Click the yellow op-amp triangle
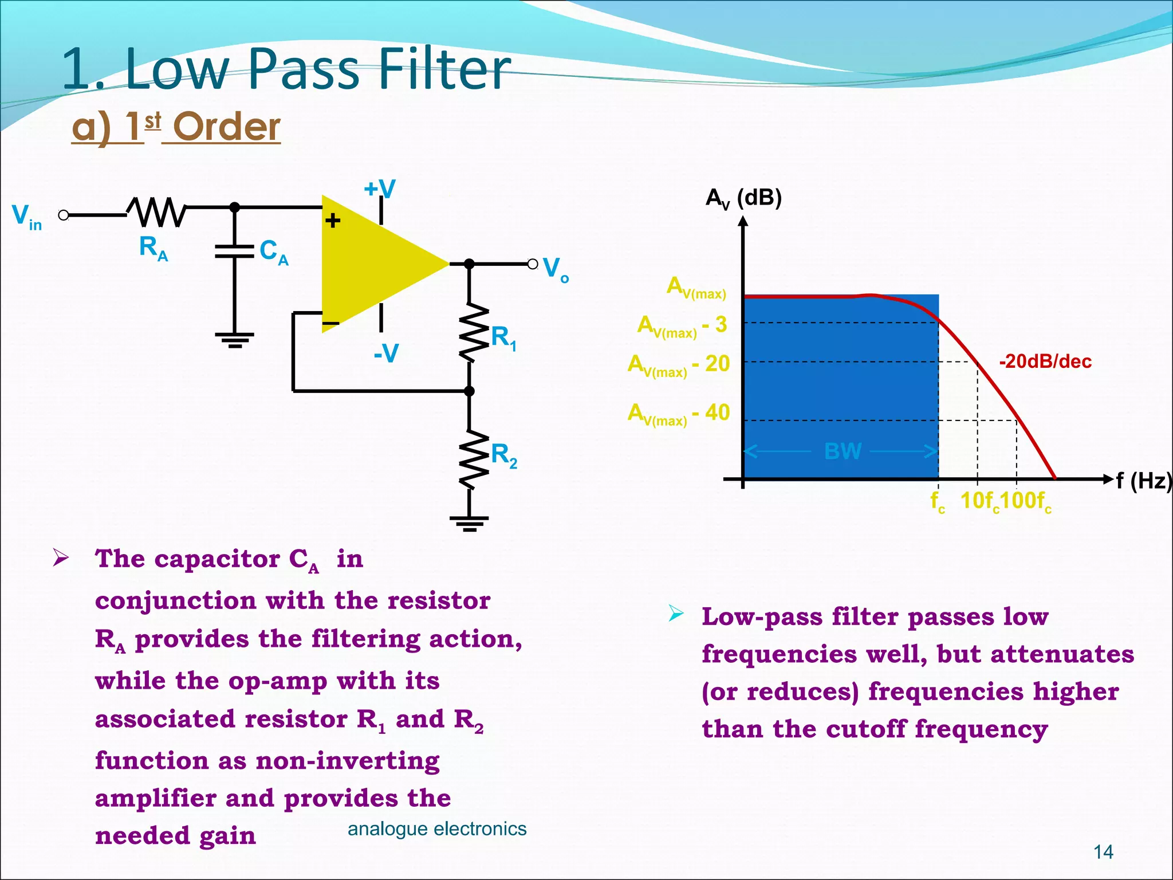point(372,264)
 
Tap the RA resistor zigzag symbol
point(156,213)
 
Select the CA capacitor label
point(274,252)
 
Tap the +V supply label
point(380,188)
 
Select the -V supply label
point(386,353)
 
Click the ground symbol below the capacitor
point(235,340)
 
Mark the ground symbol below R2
point(469,523)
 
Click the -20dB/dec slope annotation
point(1045,362)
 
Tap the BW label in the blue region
point(843,451)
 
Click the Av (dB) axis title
point(743,198)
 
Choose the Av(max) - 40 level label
point(679,413)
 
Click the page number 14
point(1103,852)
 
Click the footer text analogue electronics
point(437,828)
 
